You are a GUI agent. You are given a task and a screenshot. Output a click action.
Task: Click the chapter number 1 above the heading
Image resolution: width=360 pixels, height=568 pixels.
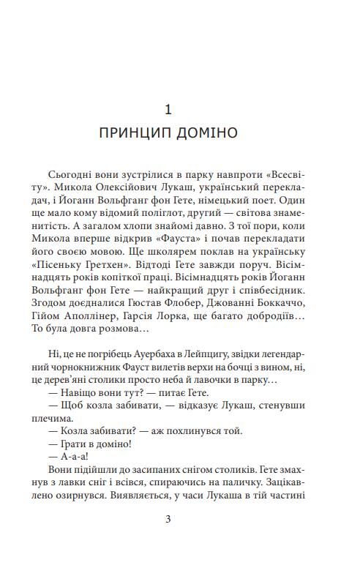(168, 110)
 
